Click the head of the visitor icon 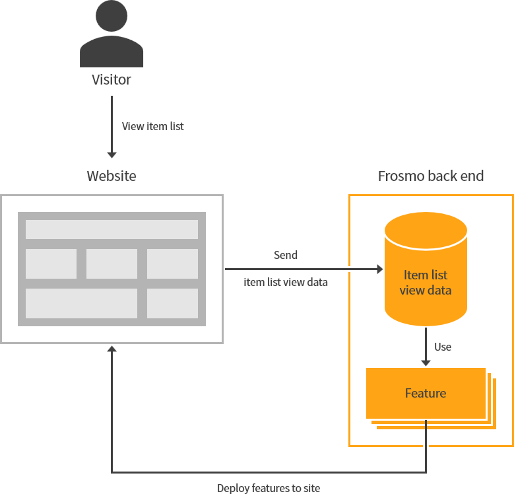[112, 17]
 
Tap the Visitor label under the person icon [112, 80]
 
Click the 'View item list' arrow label [153, 126]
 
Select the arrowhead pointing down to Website [112, 155]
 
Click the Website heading [112, 176]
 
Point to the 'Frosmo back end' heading [430, 176]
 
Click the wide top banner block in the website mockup [112, 229]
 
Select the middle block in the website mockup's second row [112, 264]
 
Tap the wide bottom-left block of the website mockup [81, 303]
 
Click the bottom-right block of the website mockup [172, 303]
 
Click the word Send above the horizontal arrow [286, 255]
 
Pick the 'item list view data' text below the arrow [286, 282]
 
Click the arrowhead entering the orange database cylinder [379, 269]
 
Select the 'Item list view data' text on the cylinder [426, 282]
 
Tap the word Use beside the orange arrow [443, 347]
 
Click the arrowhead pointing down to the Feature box [426, 362]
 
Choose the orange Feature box [426, 393]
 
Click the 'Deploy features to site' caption [269, 488]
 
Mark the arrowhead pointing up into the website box [112, 349]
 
